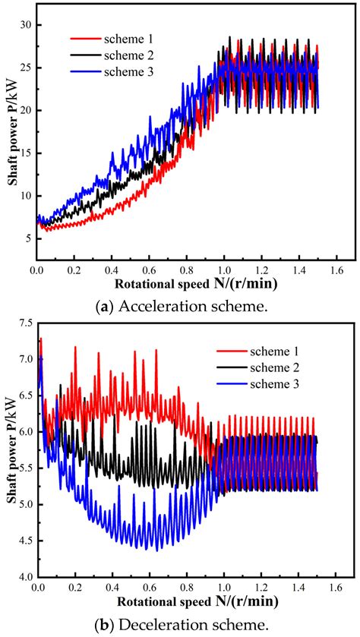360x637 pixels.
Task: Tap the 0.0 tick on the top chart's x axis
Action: [37, 270]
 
